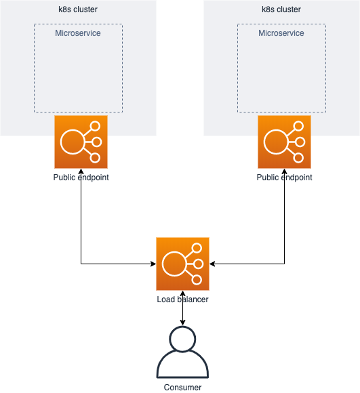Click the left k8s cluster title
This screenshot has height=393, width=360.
[78, 9]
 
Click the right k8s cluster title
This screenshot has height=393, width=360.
[281, 9]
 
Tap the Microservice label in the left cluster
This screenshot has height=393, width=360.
[78, 33]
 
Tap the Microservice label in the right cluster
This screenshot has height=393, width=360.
[281, 33]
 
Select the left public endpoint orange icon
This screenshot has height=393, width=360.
[81, 142]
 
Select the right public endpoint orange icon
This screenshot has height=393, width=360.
[284, 142]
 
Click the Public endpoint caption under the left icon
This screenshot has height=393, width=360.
[81, 178]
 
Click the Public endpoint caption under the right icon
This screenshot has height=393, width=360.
[284, 178]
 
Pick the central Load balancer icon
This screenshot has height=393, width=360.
[182, 264]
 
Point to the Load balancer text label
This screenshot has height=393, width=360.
[182, 299]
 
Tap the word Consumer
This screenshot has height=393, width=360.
[182, 387]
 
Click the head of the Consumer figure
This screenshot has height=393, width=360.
[182, 338]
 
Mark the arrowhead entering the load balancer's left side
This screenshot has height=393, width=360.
[153, 264]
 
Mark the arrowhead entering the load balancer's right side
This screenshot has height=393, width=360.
[212, 264]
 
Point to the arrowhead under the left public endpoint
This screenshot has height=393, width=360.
[81, 171]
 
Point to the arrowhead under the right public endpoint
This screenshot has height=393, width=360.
[284, 171]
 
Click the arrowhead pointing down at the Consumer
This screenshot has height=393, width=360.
[182, 323]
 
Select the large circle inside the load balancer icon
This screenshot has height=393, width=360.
[174, 264]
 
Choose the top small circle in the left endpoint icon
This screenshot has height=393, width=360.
[96, 126]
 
